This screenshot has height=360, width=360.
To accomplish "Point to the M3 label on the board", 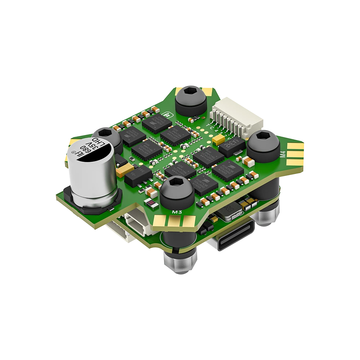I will click(x=177, y=213).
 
